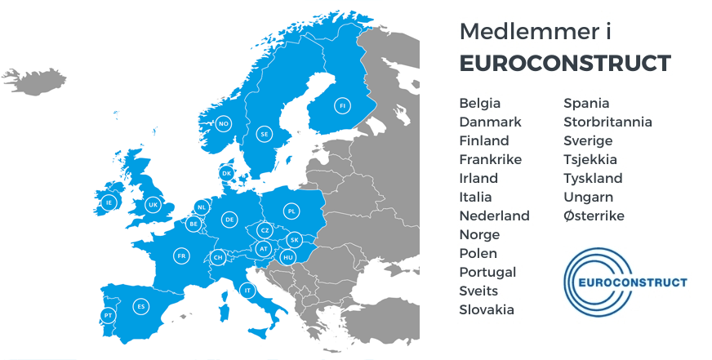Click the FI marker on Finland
point(342,105)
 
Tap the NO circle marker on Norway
point(223,124)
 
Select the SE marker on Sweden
point(264,133)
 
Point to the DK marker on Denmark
point(227,173)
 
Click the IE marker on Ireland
point(109,202)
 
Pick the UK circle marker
point(153,205)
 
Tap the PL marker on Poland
point(291,211)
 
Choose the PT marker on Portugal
point(107,315)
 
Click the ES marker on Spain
point(141,306)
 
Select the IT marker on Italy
point(247,290)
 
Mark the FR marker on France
point(181,256)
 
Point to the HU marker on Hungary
point(287,257)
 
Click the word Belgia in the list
point(480,104)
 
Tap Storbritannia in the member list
point(607,122)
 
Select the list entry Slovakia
point(487,310)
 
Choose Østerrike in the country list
point(594,216)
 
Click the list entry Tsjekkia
point(590,160)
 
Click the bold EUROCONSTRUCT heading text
point(565,64)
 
